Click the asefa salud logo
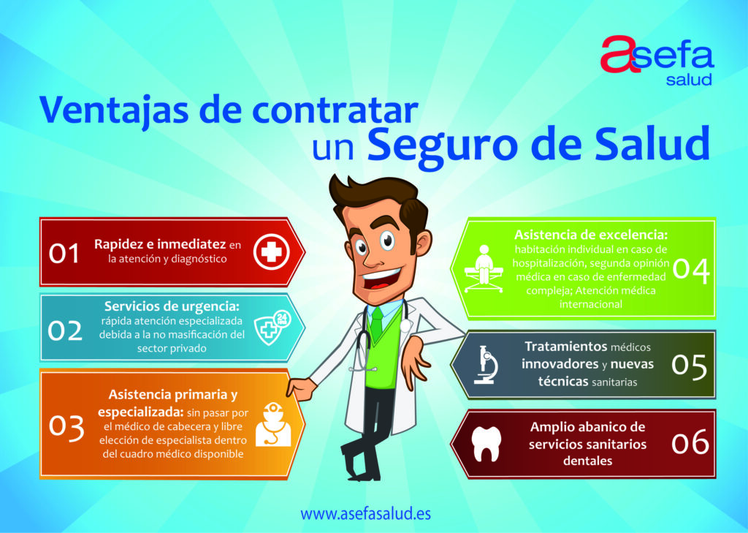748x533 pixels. point(657,61)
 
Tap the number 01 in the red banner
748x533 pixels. point(64,253)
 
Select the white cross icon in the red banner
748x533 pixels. point(272,252)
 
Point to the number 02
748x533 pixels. point(65,330)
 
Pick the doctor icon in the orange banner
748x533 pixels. point(273,425)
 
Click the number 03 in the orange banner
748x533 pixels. point(66,428)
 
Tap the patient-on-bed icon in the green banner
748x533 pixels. point(484,268)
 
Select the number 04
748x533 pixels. point(691,271)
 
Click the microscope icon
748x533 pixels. point(486,365)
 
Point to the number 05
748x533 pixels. point(689,366)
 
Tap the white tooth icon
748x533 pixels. point(486,445)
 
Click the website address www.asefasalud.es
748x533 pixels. point(365,514)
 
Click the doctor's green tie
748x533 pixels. point(377,323)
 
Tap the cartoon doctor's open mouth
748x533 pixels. point(381,280)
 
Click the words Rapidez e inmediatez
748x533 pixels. point(160,244)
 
